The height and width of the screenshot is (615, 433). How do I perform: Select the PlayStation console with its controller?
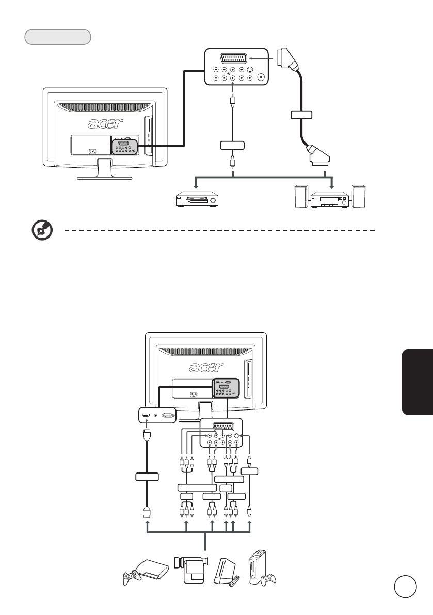(145, 571)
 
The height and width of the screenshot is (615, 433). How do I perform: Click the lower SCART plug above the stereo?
(318, 153)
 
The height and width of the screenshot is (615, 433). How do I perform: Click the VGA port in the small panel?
(167, 414)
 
